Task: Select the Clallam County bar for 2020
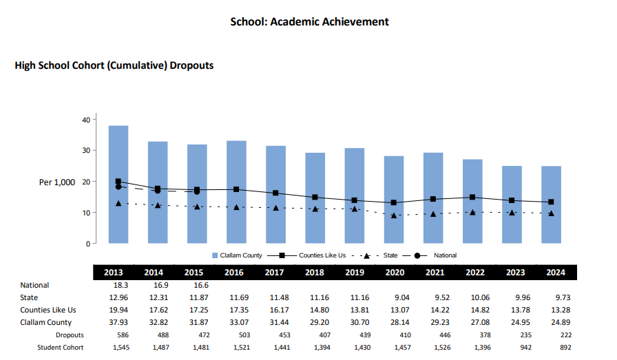[393, 200]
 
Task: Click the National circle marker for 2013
[118, 187]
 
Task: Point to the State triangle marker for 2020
[393, 215]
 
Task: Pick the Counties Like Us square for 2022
[472, 198]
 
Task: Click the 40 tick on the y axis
[87, 120]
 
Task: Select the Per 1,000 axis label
[58, 182]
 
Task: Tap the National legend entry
[445, 255]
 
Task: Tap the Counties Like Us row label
[48, 310]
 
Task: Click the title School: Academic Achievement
[309, 22]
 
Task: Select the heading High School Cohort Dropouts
[114, 66]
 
